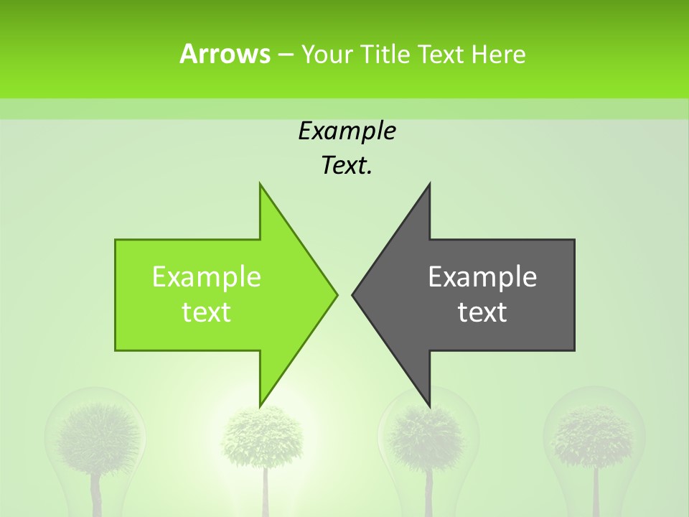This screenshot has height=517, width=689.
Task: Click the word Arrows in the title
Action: (x=225, y=54)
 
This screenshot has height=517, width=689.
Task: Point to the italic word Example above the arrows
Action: (x=347, y=131)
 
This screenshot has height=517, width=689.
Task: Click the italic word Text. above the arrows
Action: (x=347, y=166)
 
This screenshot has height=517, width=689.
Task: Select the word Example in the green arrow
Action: (x=207, y=276)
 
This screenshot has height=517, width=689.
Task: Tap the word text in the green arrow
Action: (x=207, y=312)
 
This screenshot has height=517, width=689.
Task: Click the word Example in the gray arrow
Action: (x=482, y=276)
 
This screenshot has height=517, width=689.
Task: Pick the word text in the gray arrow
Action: (x=482, y=312)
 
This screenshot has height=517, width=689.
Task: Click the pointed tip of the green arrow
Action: (x=336, y=294)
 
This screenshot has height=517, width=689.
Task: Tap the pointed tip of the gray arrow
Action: (x=353, y=294)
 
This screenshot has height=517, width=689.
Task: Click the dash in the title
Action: (x=284, y=55)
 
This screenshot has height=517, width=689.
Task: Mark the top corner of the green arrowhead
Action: (x=261, y=185)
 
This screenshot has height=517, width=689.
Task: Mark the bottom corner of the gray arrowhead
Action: (x=429, y=404)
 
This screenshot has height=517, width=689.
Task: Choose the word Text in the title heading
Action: (x=440, y=54)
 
